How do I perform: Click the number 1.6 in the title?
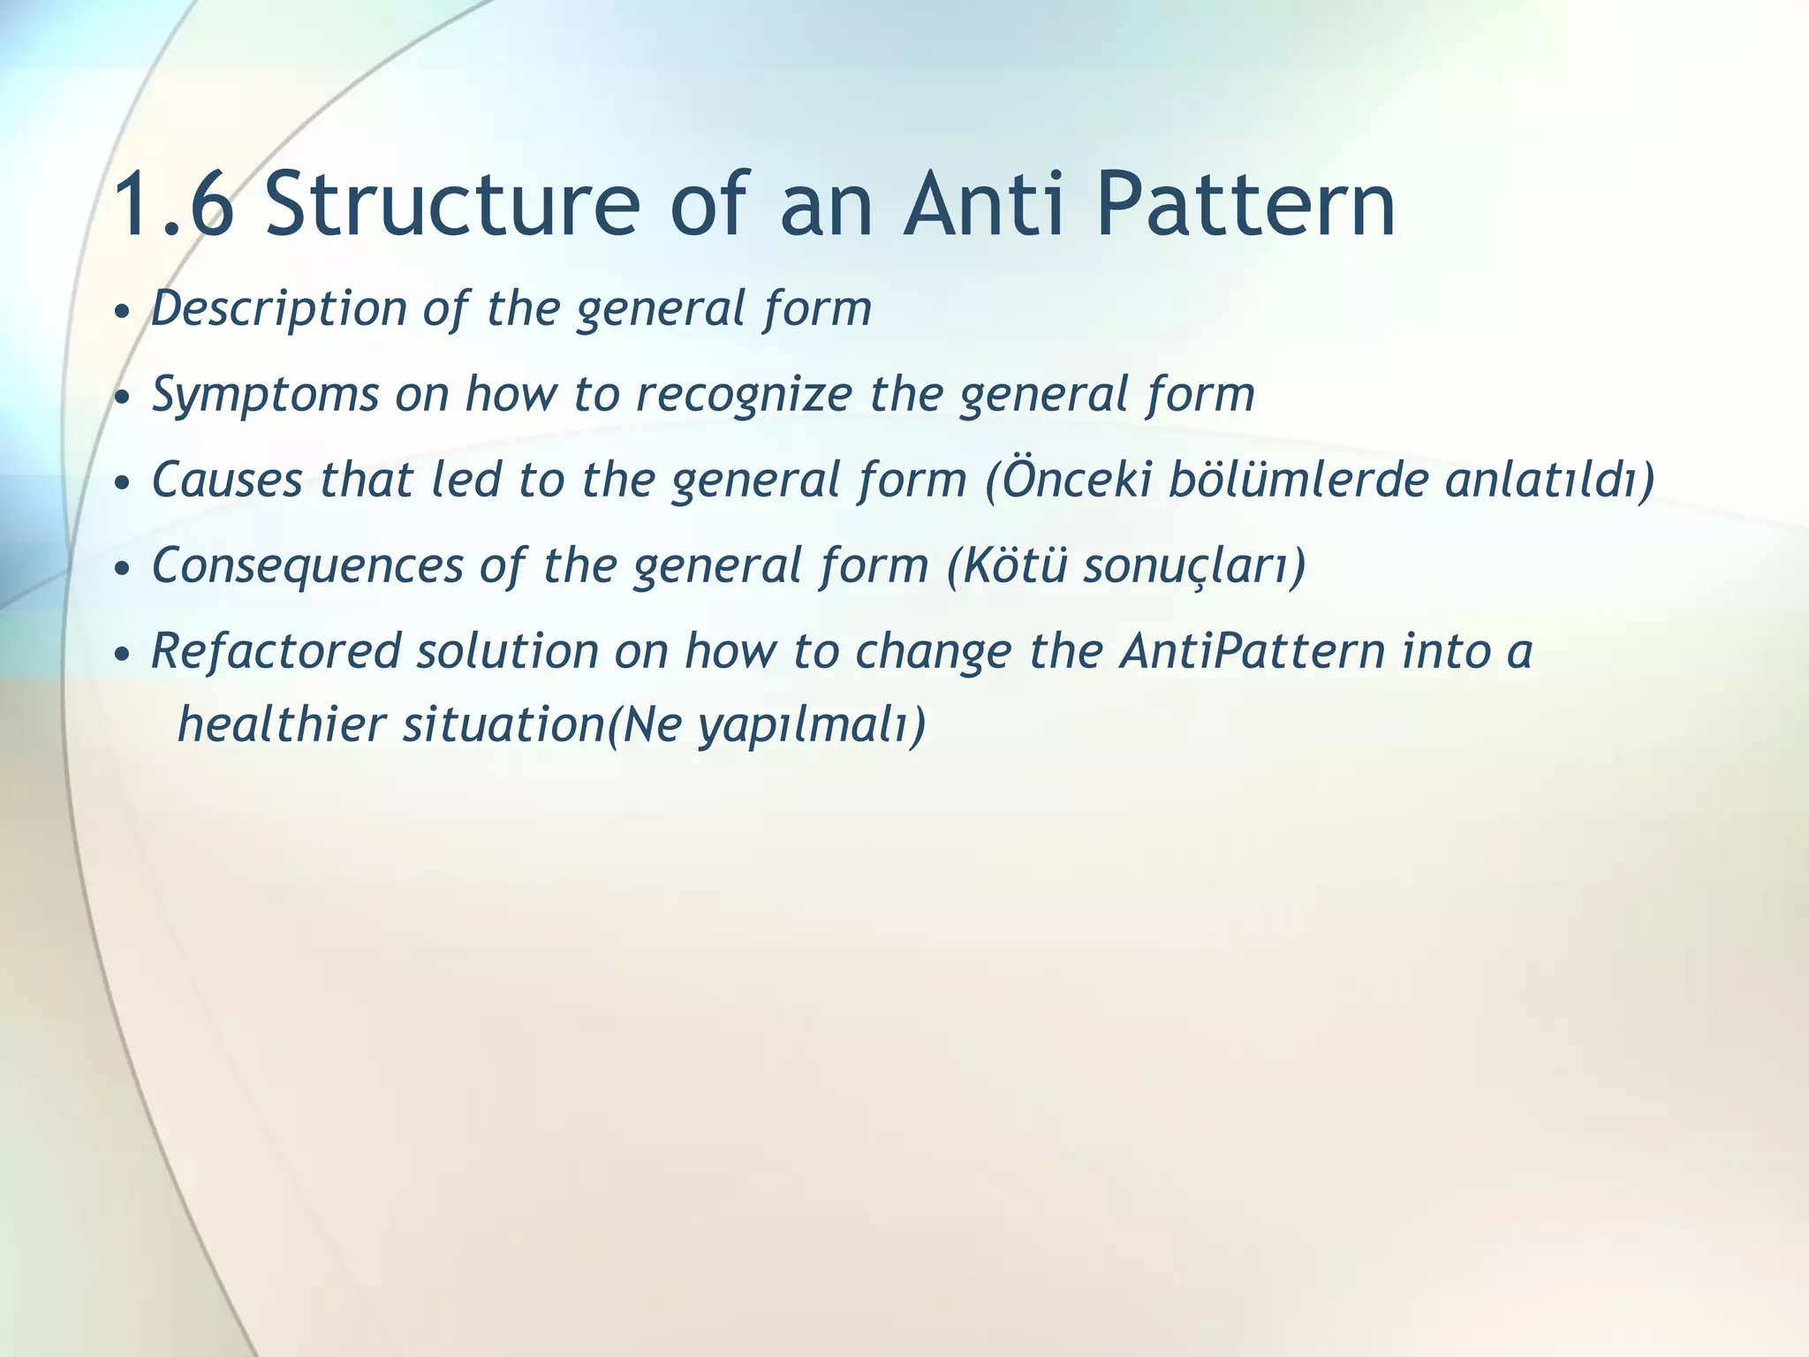point(174,205)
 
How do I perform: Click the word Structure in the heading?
point(451,205)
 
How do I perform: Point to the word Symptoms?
point(265,394)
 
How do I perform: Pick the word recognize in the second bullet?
point(744,394)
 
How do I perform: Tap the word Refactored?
point(276,651)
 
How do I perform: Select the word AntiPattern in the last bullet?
point(1252,651)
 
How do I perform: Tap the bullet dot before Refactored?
point(123,656)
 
